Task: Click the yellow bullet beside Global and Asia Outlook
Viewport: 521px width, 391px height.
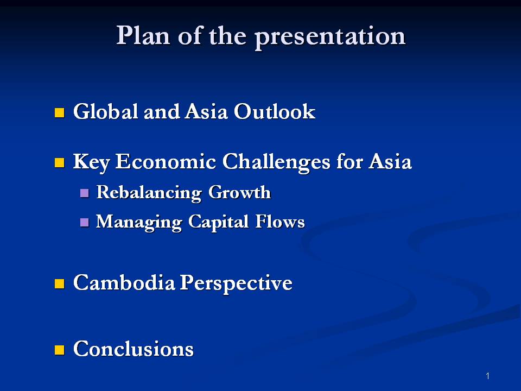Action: point(60,113)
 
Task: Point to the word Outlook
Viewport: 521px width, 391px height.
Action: point(275,112)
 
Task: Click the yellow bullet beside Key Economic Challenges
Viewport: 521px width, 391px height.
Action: point(60,162)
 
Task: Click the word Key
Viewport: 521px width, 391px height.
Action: point(91,162)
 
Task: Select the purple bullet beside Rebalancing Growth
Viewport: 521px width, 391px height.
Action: point(84,193)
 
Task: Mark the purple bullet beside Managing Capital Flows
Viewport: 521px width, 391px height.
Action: point(84,222)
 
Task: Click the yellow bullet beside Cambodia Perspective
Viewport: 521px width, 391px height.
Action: point(60,283)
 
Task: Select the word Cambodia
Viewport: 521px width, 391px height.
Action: point(124,283)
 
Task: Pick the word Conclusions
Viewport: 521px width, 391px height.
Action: point(133,349)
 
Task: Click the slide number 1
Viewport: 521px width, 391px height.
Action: point(488,376)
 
